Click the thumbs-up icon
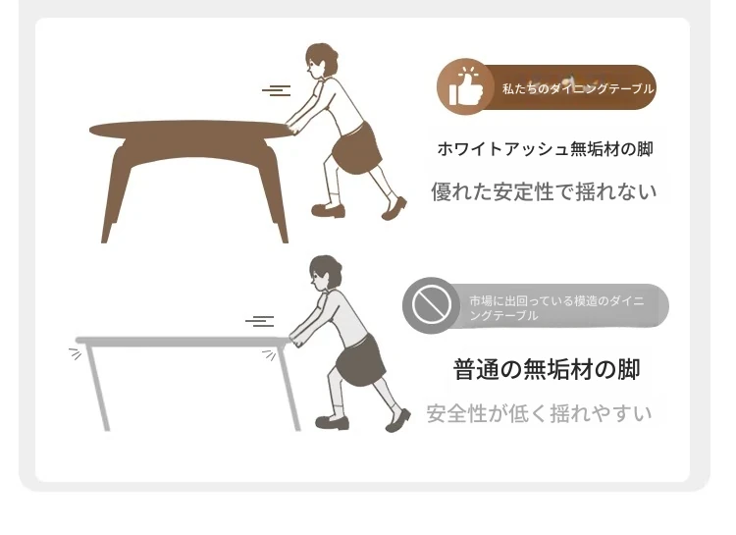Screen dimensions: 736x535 click(465, 87)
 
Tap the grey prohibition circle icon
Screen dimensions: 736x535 click(432, 305)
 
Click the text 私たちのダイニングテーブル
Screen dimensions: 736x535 click(577, 88)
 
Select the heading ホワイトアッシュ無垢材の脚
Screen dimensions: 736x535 click(545, 149)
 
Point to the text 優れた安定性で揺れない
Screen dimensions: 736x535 click(544, 191)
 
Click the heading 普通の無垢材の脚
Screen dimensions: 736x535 click(547, 369)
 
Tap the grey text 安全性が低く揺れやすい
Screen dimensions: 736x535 click(540, 413)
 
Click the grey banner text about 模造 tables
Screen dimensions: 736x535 click(556, 307)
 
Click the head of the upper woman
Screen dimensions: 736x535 click(321, 60)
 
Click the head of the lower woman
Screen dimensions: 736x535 click(325, 273)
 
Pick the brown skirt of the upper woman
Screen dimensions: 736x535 click(357, 148)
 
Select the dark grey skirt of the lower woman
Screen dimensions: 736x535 click(360, 360)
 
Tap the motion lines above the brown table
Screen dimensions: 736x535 click(277, 90)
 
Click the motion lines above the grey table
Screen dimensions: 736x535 click(260, 321)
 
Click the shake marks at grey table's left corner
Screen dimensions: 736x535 click(76, 353)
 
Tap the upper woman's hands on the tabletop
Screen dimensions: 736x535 click(293, 128)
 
